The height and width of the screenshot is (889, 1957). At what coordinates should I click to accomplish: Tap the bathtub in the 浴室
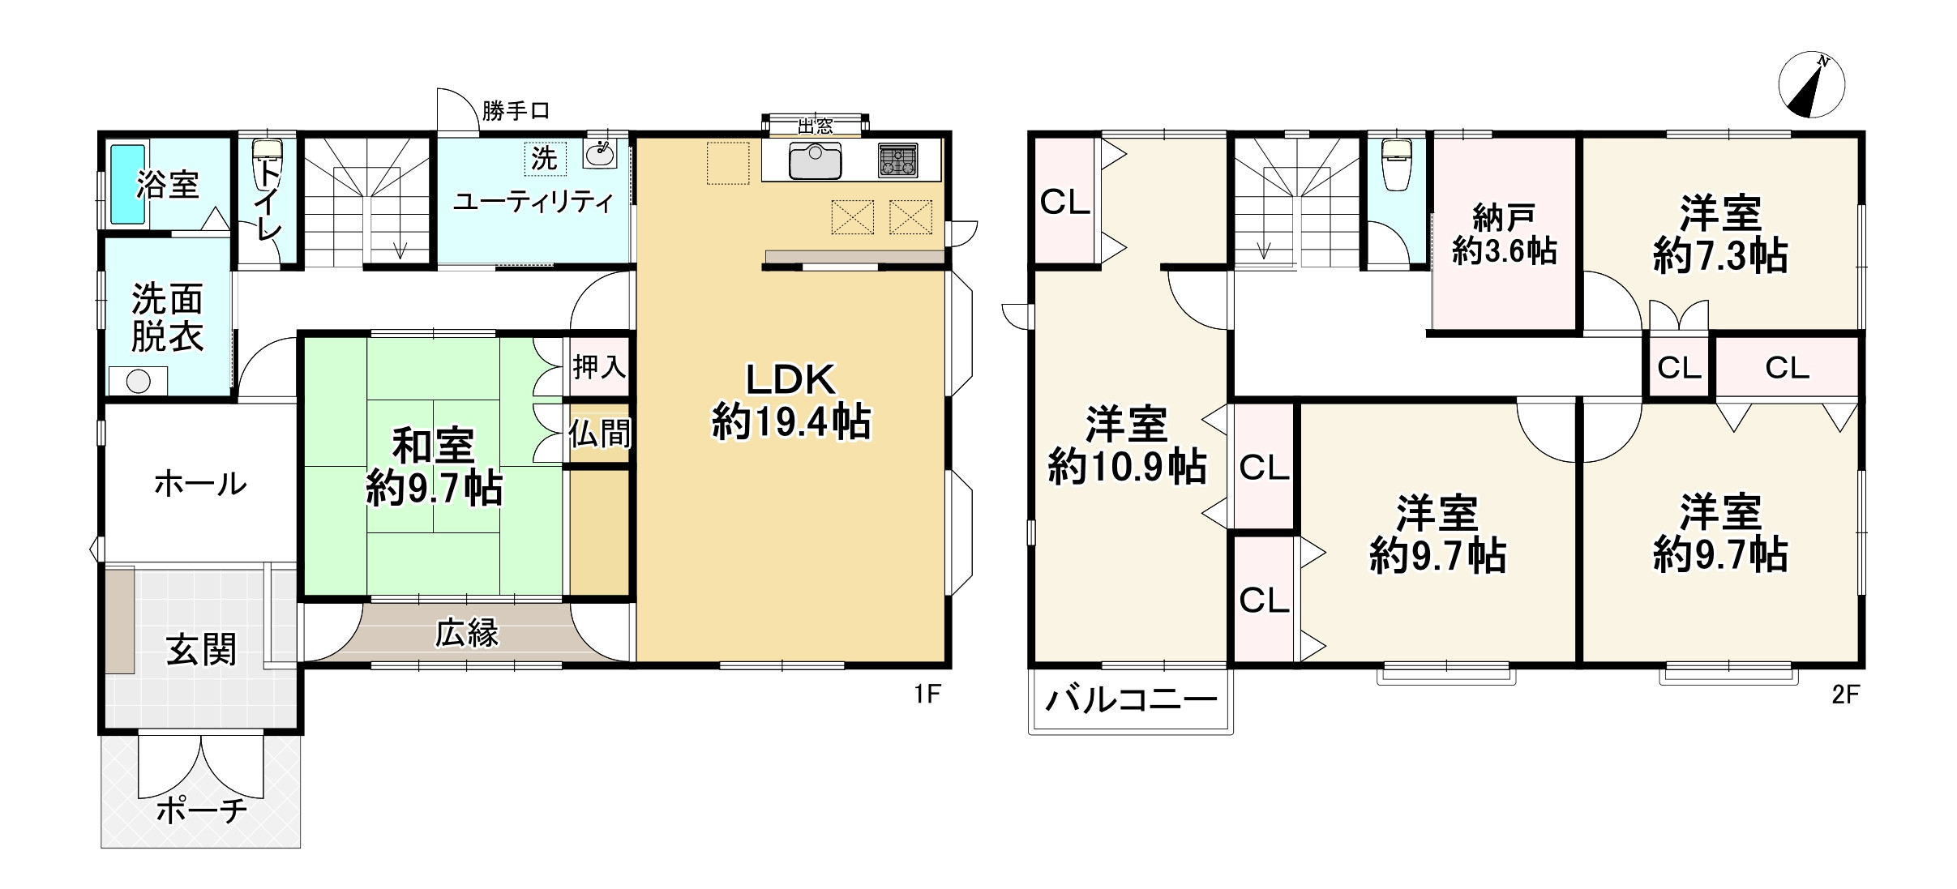(x=127, y=184)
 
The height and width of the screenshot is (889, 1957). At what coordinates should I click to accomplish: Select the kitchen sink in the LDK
(x=815, y=160)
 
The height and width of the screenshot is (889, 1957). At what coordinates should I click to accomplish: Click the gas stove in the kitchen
(x=897, y=160)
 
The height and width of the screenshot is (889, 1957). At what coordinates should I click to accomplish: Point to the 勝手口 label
(x=516, y=111)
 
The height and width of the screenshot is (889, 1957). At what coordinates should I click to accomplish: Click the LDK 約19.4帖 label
(x=790, y=401)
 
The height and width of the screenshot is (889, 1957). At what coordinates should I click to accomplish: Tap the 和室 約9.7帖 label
(x=435, y=467)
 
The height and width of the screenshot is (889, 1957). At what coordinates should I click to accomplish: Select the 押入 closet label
(x=599, y=367)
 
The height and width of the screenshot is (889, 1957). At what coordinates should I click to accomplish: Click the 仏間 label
(x=599, y=434)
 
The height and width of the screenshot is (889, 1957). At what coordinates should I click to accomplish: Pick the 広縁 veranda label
(x=466, y=633)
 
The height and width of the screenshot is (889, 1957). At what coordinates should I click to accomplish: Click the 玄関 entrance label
(x=201, y=650)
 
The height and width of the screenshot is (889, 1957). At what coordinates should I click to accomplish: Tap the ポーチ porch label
(x=201, y=809)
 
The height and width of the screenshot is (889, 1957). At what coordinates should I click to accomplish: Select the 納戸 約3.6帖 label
(x=1504, y=235)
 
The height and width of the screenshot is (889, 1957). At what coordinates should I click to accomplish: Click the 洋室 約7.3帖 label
(x=1719, y=234)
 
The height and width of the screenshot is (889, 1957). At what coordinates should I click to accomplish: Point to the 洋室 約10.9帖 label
(x=1127, y=447)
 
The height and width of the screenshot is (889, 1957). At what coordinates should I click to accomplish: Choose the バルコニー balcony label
(x=1131, y=699)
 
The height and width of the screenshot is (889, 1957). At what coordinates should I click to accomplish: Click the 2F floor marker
(x=1846, y=695)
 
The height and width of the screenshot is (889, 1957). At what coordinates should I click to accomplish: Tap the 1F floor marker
(x=927, y=695)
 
